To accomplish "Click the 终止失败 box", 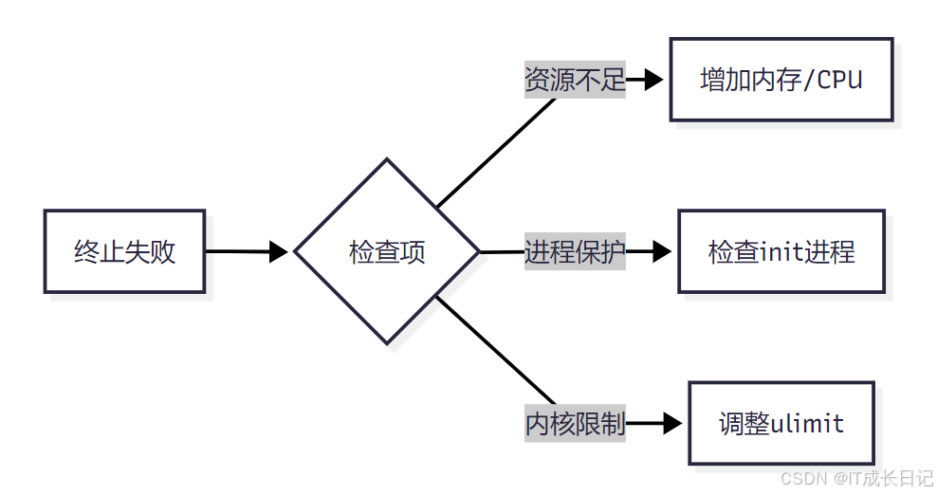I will coord(124,251).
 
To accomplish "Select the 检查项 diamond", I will coord(387,251).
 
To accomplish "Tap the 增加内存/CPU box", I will coord(781,80).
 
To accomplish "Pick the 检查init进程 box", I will coord(781,251).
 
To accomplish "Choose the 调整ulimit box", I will coord(781,423).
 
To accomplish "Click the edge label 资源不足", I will coord(575,80).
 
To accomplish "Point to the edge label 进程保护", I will coord(575,251).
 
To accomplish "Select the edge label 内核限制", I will coord(575,423).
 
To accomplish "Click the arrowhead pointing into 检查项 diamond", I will coord(279,251).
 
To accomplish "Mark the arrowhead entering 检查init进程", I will coord(662,251).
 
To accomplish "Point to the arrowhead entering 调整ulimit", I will coord(672,423).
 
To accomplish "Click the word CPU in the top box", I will coord(839,80).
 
